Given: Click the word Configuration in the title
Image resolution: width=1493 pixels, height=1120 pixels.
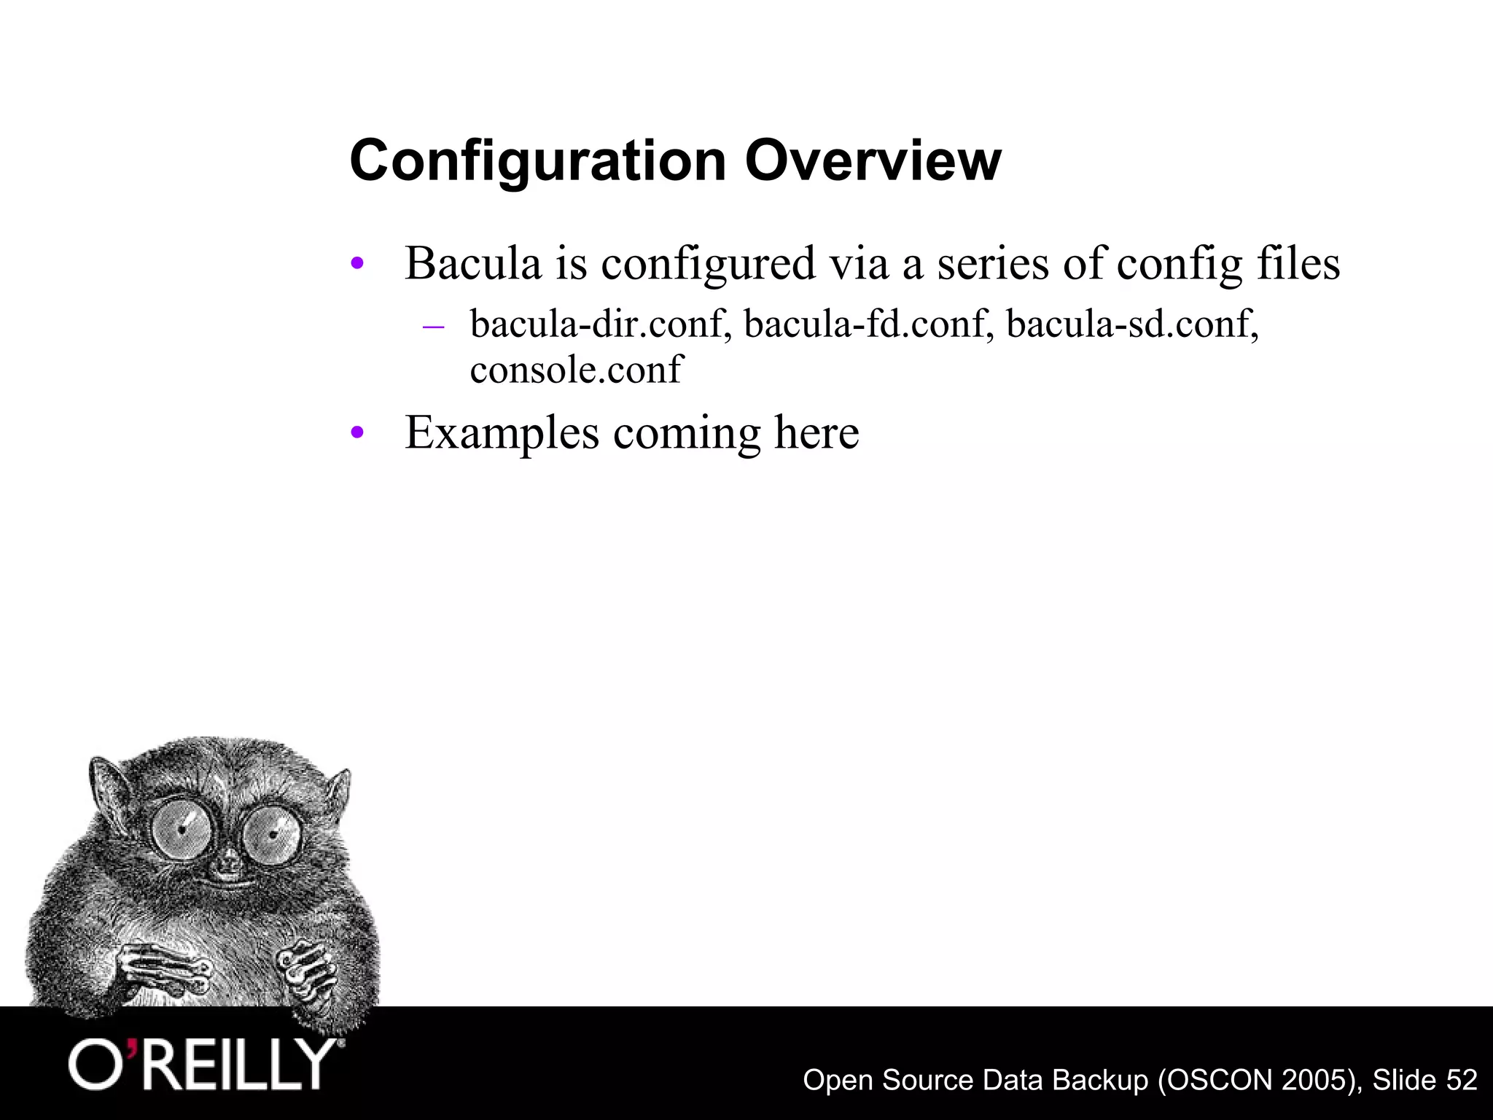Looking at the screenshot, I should click(x=538, y=161).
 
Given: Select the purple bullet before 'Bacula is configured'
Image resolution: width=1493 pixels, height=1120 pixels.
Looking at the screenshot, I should click(x=356, y=263).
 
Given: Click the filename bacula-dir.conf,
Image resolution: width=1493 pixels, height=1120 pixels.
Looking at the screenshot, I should click(x=601, y=324).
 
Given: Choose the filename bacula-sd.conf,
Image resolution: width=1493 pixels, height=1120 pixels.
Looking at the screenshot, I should click(x=1132, y=324).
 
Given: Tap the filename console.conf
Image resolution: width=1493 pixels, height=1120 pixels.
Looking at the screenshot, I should click(x=576, y=369).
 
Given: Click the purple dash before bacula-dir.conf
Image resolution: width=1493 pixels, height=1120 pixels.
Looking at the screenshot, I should click(x=433, y=325).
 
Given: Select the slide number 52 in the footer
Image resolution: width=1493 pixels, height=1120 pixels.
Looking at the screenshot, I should click(x=1461, y=1080).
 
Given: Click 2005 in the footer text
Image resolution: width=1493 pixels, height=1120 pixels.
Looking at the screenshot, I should click(x=1314, y=1080).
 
